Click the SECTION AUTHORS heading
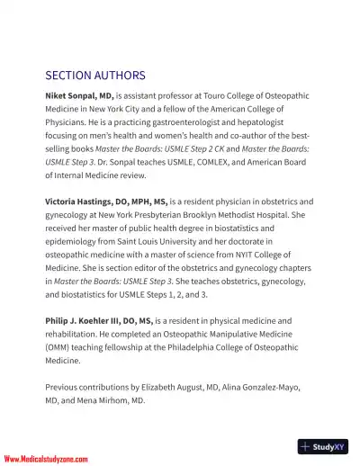tap(95, 75)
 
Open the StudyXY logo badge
tap(322, 446)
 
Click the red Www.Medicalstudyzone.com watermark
tap(49, 458)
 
